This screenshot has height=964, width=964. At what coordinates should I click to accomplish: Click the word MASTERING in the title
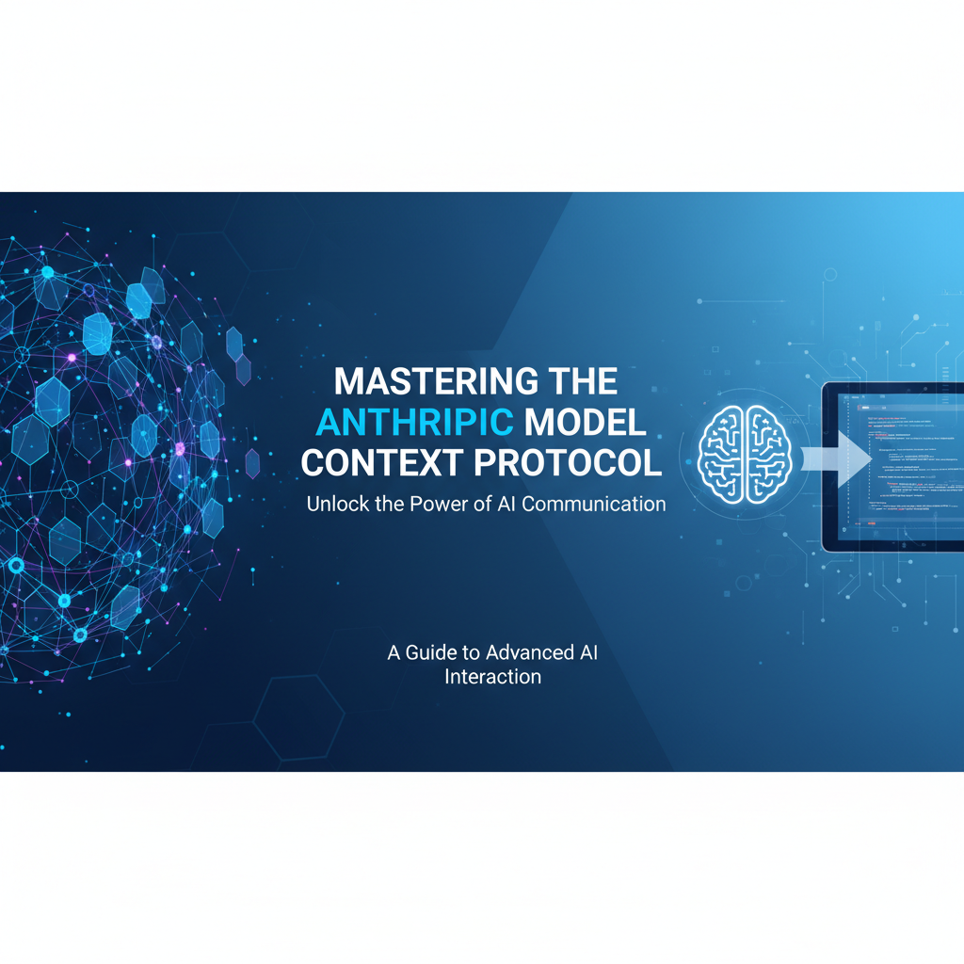423,381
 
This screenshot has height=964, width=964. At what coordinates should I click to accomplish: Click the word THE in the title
574,381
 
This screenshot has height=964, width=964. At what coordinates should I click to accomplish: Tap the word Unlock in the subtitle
335,504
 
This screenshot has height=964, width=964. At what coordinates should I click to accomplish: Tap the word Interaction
492,677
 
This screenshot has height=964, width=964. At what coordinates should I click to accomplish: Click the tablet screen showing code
904,466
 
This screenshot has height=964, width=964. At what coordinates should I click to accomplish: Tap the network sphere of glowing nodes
113,452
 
